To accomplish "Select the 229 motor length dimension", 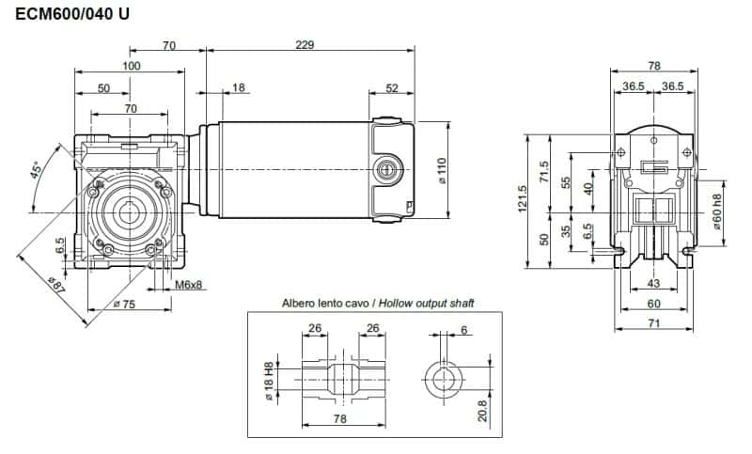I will (x=304, y=44).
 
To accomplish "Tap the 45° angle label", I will (x=37, y=171).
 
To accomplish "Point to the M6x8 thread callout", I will (x=188, y=285).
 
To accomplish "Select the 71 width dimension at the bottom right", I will (x=654, y=322).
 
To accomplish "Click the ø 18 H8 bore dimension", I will (x=269, y=382).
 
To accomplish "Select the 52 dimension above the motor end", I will (x=391, y=87).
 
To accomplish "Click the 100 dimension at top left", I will (x=131, y=66).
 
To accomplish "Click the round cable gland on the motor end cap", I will (x=385, y=168).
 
